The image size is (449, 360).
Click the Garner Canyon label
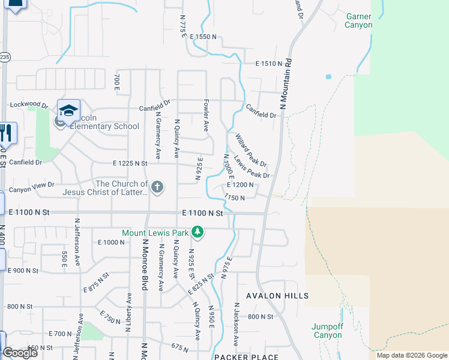[358, 20]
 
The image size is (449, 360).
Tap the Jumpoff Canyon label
[327, 331]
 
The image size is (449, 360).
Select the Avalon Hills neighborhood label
[277, 296]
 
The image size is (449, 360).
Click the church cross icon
[157, 187]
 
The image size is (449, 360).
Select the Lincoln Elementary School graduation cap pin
[68, 110]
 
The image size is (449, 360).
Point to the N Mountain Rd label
[285, 83]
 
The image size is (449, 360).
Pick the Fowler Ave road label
[206, 115]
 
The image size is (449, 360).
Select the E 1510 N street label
[268, 63]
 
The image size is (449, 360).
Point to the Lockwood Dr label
[29, 105]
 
